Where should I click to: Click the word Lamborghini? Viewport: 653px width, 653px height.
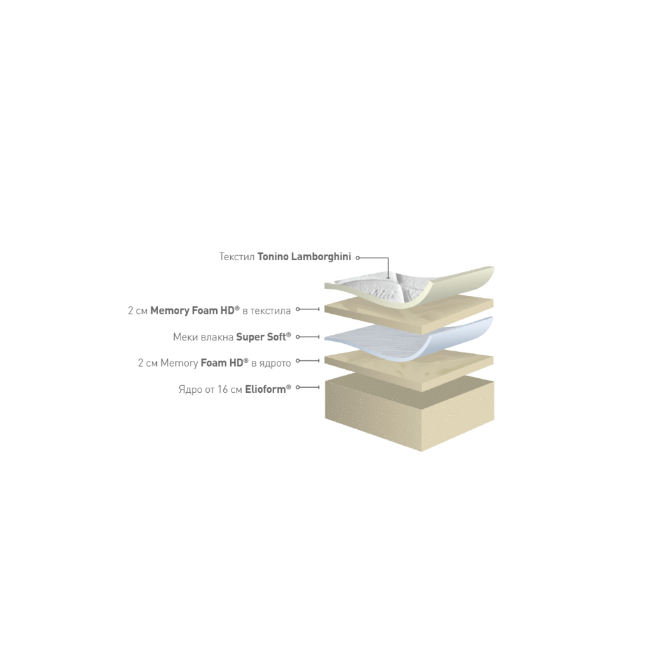(321, 257)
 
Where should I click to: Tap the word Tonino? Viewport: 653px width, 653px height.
(273, 256)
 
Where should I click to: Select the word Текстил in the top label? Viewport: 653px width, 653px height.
(237, 257)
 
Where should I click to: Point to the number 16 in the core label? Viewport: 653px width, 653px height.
(223, 390)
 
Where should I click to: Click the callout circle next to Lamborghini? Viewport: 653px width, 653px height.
(357, 258)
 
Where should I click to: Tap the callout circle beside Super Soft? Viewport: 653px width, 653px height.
(298, 337)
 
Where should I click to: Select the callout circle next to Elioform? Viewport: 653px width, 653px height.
(298, 387)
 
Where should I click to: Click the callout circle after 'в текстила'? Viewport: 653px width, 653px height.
(298, 309)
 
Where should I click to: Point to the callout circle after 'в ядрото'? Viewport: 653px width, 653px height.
(298, 361)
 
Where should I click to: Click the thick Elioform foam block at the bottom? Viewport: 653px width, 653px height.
(410, 413)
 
